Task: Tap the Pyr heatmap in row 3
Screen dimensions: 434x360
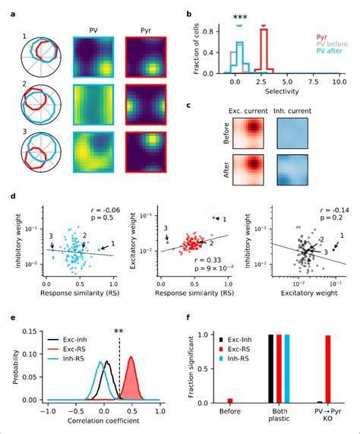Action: (x=146, y=156)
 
